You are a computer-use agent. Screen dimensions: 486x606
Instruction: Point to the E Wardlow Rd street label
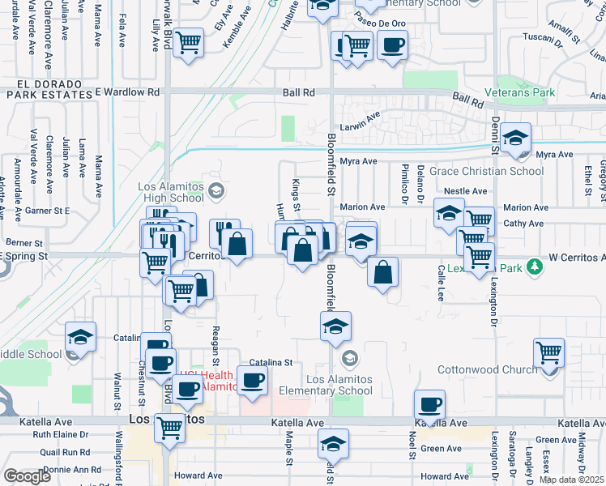click(127, 92)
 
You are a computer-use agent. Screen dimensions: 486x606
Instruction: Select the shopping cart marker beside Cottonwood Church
click(548, 353)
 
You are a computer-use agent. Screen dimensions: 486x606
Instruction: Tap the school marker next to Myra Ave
click(514, 138)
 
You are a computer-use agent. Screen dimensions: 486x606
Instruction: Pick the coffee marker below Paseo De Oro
click(392, 45)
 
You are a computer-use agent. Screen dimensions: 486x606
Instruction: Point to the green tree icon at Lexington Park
click(534, 266)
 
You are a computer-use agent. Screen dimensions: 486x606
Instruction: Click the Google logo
click(27, 476)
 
